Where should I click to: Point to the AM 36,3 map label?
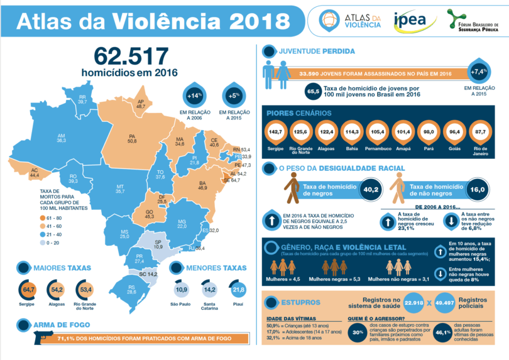[x=62, y=138]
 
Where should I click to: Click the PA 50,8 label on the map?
[x=133, y=139]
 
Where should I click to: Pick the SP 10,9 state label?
[x=158, y=244]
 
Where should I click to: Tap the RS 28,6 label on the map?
[x=131, y=290]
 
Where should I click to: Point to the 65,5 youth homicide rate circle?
[x=312, y=92]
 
